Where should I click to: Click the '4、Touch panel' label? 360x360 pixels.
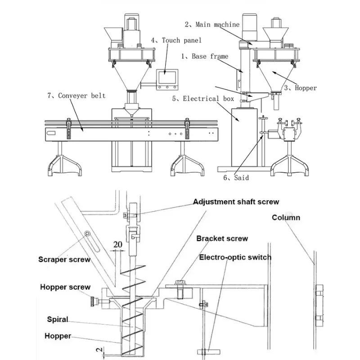click(x=176, y=40)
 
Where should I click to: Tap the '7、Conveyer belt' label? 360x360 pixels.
click(x=76, y=95)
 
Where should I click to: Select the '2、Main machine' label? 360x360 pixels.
click(x=212, y=24)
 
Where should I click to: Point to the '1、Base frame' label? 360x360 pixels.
click(x=205, y=56)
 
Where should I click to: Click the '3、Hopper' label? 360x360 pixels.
click(x=301, y=88)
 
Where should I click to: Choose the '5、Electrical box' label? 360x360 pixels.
click(x=203, y=99)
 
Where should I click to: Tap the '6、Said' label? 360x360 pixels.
click(x=236, y=178)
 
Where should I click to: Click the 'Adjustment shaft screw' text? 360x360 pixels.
click(x=236, y=202)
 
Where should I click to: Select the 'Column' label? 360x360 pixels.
click(x=286, y=217)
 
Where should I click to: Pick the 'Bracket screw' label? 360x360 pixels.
click(x=222, y=238)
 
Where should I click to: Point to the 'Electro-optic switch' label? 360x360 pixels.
click(x=235, y=257)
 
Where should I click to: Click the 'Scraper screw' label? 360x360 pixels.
click(x=64, y=260)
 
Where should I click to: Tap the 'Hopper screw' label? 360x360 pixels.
click(x=65, y=287)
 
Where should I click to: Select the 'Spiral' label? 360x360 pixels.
click(x=58, y=319)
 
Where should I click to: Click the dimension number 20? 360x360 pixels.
click(x=118, y=244)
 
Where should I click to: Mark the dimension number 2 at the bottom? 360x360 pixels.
click(x=99, y=350)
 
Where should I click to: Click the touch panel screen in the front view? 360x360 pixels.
click(x=167, y=77)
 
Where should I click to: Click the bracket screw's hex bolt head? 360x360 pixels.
click(x=180, y=282)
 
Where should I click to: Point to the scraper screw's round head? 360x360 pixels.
click(x=87, y=234)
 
